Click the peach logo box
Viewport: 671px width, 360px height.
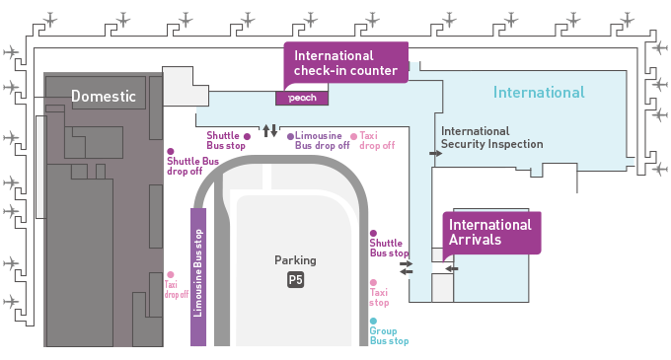coord(302,98)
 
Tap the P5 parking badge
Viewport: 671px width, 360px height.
coord(295,280)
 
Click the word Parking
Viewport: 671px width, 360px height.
coord(295,260)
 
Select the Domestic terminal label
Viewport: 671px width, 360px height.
coord(104,96)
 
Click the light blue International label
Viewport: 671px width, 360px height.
coord(539,93)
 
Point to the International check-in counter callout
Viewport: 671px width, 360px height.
coord(345,63)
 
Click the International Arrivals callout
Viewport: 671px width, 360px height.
coord(491,233)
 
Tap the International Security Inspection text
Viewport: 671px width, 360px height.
coord(492,138)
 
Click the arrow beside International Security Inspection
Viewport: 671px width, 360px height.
coord(435,153)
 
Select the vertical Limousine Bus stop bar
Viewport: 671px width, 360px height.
coord(198,277)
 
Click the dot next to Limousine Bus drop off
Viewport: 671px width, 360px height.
coord(290,136)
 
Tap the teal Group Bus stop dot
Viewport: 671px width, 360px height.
coord(373,322)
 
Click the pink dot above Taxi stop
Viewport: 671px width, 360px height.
coord(373,283)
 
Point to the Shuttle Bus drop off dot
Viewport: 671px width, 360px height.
coord(171,151)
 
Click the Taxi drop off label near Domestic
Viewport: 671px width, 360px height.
coord(177,289)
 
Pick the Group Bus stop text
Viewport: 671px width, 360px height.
coord(389,336)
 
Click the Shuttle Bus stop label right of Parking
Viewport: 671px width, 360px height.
coord(389,248)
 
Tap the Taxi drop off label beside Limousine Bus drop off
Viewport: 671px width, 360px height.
coord(377,141)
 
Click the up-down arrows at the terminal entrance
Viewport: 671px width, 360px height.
coord(270,130)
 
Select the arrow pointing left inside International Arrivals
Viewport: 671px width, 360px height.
coord(452,268)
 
